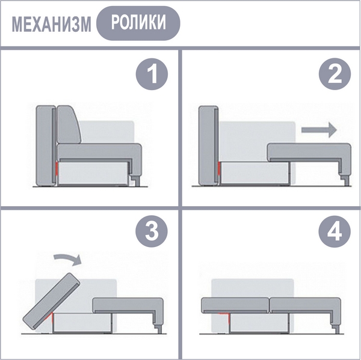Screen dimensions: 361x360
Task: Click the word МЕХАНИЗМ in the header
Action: click(x=51, y=24)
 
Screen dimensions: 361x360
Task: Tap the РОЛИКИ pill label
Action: click(x=138, y=23)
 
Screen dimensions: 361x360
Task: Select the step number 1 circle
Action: click(x=152, y=74)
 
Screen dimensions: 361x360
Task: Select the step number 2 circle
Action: click(x=335, y=74)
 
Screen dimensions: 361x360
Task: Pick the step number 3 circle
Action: click(x=152, y=231)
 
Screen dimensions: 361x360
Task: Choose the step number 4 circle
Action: click(x=335, y=231)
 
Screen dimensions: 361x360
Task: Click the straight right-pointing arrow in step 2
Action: click(x=319, y=130)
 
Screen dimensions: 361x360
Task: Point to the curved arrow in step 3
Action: click(x=67, y=259)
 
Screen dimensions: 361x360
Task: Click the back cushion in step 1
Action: click(x=69, y=124)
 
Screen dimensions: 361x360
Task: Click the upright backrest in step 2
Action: click(x=208, y=146)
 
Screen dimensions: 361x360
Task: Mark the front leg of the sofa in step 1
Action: click(x=137, y=181)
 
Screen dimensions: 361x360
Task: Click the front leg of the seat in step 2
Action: click(x=345, y=180)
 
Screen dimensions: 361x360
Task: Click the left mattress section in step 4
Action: click(x=235, y=305)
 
